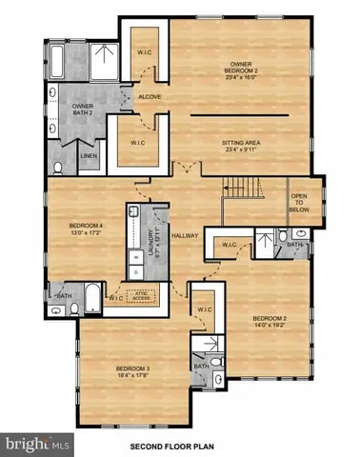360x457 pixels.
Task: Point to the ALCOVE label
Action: pos(150,96)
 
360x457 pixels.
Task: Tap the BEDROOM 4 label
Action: pos(85,226)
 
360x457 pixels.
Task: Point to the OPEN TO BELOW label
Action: pos(300,203)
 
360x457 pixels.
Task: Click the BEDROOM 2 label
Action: pos(270,318)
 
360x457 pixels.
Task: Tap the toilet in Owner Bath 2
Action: pos(58,168)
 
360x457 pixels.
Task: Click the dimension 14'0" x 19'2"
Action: pos(270,325)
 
